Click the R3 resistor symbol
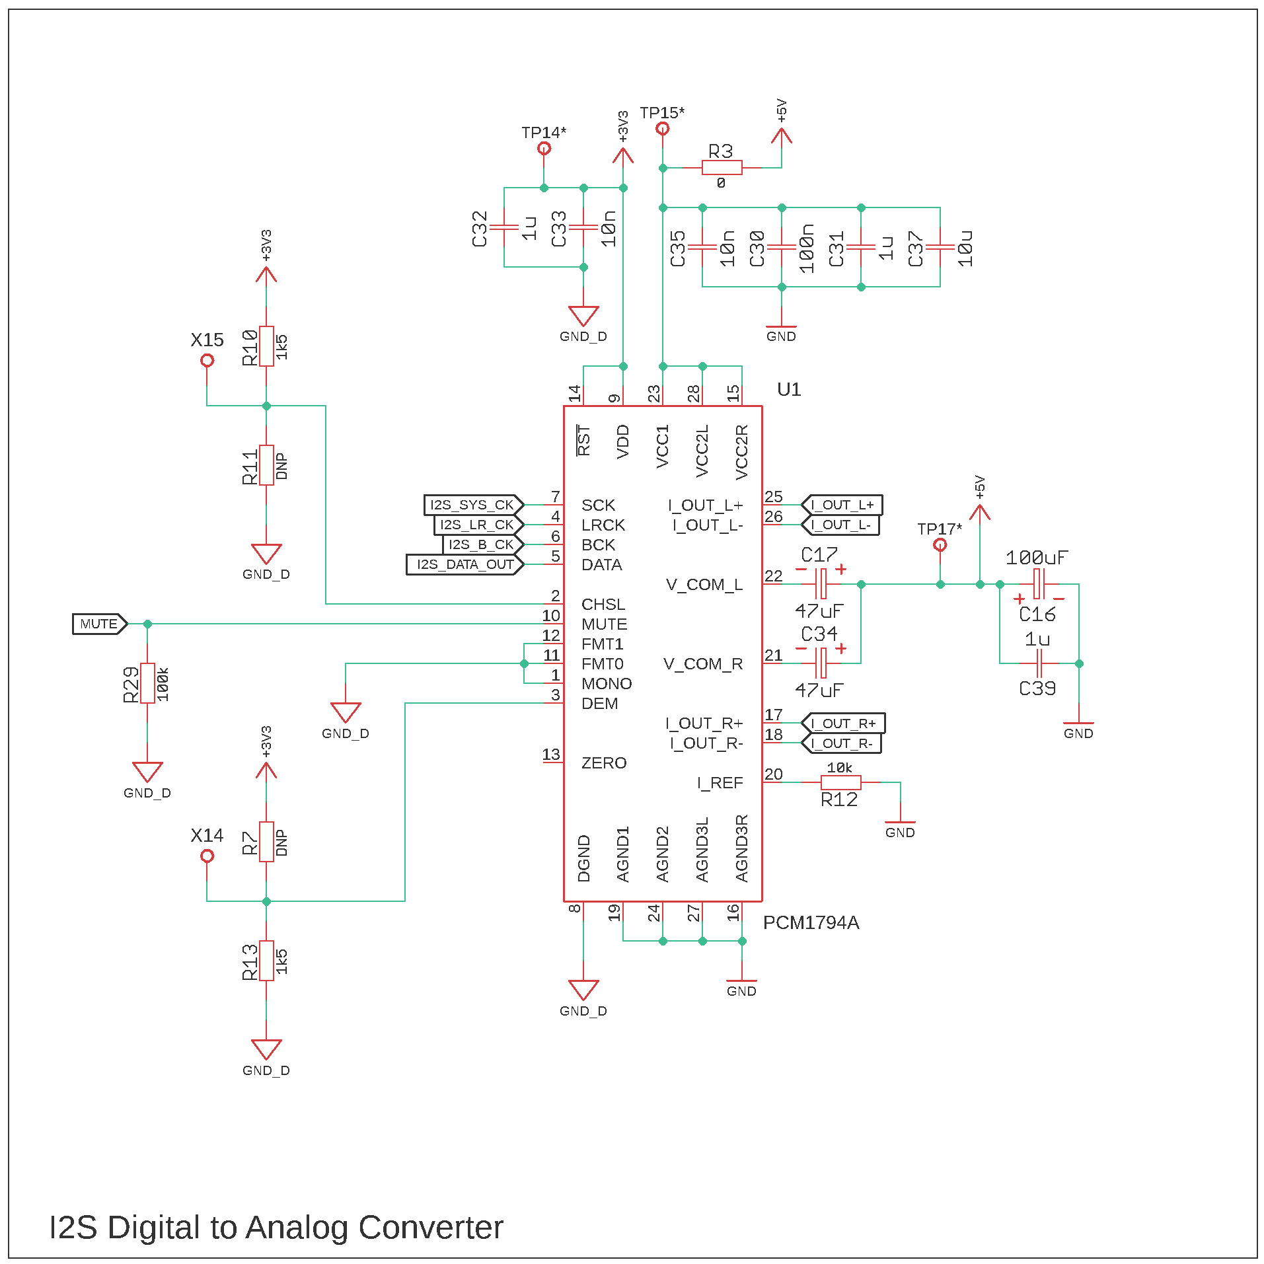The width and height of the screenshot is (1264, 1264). click(x=722, y=168)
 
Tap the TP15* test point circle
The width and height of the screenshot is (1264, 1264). click(x=662, y=129)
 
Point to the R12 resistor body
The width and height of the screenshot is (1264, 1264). click(x=840, y=783)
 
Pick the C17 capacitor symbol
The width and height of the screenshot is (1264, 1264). click(x=821, y=584)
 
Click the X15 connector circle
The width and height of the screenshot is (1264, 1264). click(x=207, y=361)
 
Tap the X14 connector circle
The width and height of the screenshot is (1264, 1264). click(x=207, y=856)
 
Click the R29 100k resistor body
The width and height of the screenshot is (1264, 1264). click(x=147, y=683)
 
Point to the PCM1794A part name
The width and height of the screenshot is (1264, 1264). click(x=811, y=923)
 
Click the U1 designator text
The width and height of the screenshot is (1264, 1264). click(x=789, y=390)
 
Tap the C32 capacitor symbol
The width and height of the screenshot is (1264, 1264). click(x=504, y=227)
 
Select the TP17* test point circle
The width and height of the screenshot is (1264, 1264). click(x=940, y=545)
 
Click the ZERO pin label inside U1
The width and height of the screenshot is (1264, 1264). click(x=603, y=763)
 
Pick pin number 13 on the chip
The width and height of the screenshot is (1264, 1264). click(x=551, y=755)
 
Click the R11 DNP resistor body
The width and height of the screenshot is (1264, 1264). click(x=266, y=465)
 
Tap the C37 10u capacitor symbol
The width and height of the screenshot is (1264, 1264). click(x=940, y=247)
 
